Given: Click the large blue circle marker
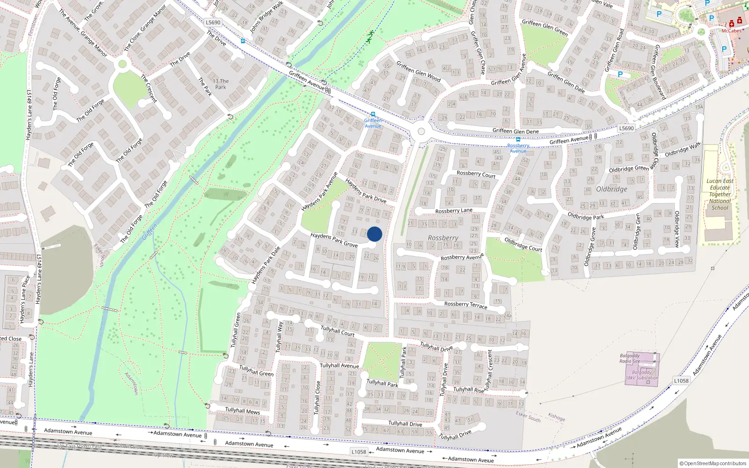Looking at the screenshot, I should [x=374, y=234].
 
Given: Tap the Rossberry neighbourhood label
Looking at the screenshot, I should [x=443, y=238].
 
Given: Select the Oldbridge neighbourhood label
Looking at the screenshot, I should [x=612, y=190].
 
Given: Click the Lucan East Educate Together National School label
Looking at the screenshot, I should [x=720, y=194].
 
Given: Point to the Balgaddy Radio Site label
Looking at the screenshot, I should [x=630, y=358].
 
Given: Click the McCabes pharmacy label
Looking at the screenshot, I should [x=731, y=31].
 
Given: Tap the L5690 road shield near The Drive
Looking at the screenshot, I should [x=213, y=22].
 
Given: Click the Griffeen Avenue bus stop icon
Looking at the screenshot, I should [x=373, y=114].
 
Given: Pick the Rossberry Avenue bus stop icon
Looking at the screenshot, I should [x=518, y=139].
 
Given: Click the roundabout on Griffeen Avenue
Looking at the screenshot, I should [x=421, y=132].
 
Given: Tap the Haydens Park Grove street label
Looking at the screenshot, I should [x=334, y=240].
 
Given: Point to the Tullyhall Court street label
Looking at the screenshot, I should [x=338, y=331].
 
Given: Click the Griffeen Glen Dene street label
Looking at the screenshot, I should [x=515, y=131].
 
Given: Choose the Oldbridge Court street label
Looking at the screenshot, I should [x=523, y=244].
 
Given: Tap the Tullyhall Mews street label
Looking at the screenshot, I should [x=242, y=411].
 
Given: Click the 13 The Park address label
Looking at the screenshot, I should [x=220, y=84].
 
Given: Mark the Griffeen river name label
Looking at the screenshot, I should [x=149, y=232].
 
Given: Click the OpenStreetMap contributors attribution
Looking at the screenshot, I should [x=713, y=463].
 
